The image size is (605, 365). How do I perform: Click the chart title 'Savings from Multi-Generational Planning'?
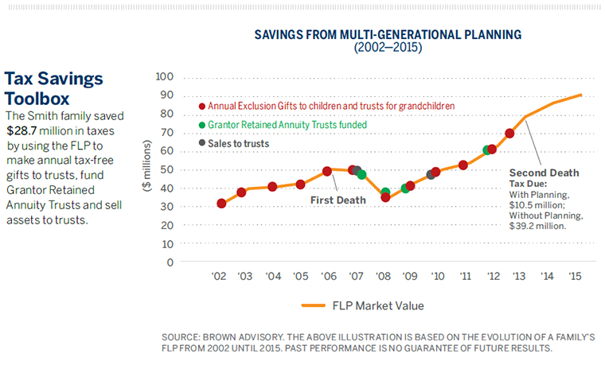point(387,35)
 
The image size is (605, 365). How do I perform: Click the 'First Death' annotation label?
point(338,200)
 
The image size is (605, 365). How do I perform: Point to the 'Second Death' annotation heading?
point(544,173)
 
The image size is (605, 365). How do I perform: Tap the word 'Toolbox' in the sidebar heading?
point(37,99)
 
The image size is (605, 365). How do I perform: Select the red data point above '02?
point(221,204)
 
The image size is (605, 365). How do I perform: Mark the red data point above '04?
point(272,186)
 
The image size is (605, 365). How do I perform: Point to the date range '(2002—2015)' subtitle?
point(387,48)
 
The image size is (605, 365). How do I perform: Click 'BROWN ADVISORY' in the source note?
point(244,337)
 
